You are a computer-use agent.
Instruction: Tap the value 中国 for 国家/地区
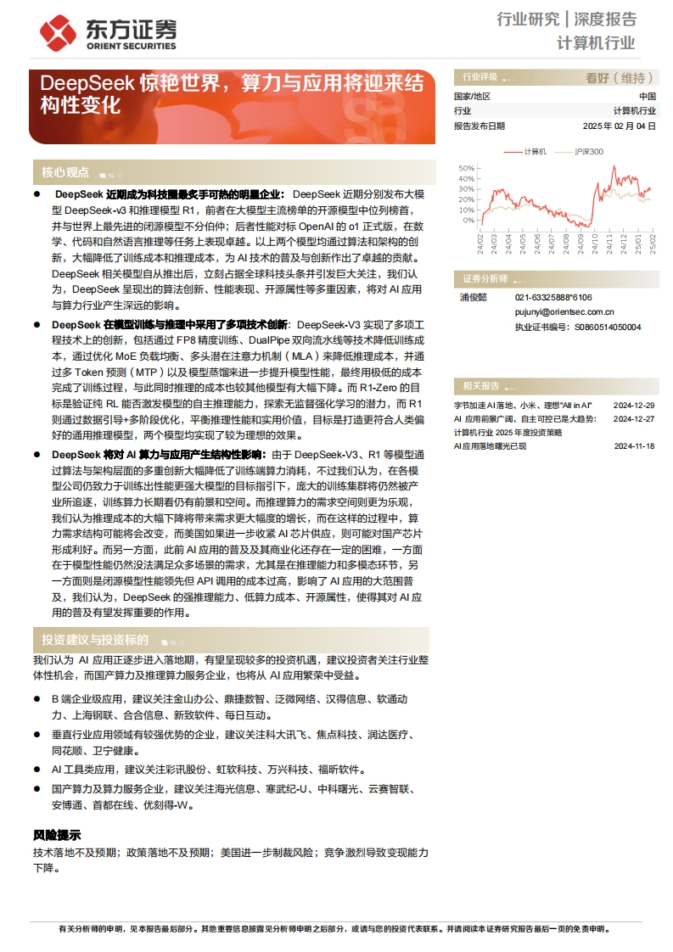click(x=647, y=97)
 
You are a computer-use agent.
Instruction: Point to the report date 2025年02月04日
click(x=619, y=126)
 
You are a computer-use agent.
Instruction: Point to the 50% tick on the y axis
click(x=466, y=168)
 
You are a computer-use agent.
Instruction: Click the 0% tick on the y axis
click(x=468, y=221)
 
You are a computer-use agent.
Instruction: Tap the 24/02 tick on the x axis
click(x=481, y=244)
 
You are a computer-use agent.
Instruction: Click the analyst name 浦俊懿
click(x=472, y=298)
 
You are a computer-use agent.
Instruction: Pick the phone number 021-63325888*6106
click(x=553, y=298)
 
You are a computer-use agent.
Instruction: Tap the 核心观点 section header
click(x=65, y=172)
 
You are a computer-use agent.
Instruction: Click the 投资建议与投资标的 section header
click(x=95, y=640)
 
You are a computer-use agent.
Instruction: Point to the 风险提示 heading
click(x=57, y=835)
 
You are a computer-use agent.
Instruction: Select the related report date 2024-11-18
click(x=634, y=445)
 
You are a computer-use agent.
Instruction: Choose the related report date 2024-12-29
click(x=634, y=406)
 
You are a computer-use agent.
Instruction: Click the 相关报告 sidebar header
click(x=481, y=385)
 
